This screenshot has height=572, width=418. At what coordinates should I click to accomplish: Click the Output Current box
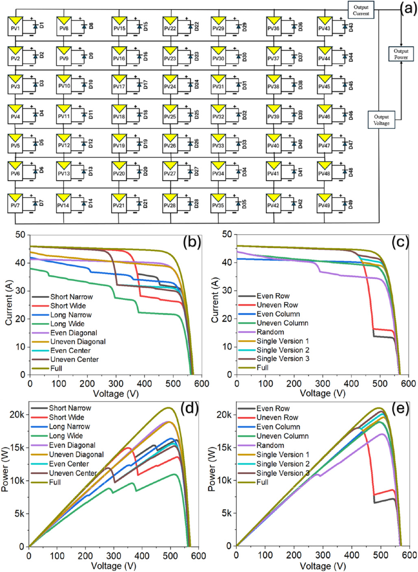(x=361, y=10)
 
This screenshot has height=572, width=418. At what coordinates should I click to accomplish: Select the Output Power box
(x=401, y=54)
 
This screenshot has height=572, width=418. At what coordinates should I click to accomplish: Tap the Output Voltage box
(x=381, y=120)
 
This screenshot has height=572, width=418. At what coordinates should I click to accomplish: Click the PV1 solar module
(x=15, y=26)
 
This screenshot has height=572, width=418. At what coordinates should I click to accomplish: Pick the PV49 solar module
(x=324, y=203)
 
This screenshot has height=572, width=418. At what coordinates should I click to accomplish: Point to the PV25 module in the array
(x=170, y=114)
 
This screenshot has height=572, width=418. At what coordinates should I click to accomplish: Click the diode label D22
(x=196, y=27)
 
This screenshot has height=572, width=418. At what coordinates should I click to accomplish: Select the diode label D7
(x=41, y=203)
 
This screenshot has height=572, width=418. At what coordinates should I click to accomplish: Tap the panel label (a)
(x=408, y=8)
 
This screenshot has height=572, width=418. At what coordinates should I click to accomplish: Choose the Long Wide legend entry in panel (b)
(x=67, y=324)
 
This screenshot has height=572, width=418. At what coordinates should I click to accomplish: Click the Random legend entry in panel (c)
(x=270, y=332)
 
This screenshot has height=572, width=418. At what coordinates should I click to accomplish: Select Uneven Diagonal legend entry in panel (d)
(x=76, y=455)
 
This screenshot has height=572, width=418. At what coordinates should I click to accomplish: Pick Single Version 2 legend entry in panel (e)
(x=283, y=464)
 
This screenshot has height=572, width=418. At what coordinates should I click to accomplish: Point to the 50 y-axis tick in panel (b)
(x=20, y=235)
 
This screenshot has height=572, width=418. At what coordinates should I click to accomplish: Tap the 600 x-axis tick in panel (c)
(x=408, y=383)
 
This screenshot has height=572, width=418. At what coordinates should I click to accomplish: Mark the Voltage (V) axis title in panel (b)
(x=115, y=394)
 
